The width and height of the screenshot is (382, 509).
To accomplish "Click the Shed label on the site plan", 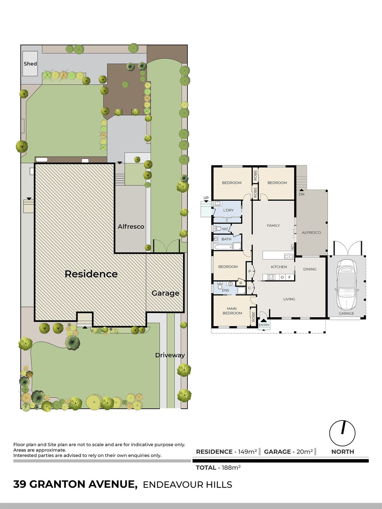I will pos(30,64).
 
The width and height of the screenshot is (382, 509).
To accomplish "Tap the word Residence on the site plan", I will pos(91,274).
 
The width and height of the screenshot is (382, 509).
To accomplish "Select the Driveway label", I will pos(170,355).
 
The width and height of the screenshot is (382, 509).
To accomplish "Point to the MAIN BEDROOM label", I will pos(232,311).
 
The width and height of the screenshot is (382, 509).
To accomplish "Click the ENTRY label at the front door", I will pos(264,325).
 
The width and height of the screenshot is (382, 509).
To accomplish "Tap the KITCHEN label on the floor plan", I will pos(279,267).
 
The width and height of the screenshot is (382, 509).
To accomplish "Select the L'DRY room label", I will pos(228,210).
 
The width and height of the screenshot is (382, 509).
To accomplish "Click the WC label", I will pos(225,229).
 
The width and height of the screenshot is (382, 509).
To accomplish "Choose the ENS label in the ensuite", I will pos(225,290).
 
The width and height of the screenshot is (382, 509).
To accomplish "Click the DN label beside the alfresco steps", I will pos(301,194).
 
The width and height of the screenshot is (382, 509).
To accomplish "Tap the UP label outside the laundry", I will pos(206,198).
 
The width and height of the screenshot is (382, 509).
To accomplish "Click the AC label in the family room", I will pos(292,247).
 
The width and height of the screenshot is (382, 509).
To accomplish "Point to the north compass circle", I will pos(342,433).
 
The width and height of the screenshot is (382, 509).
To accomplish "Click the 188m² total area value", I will pos(229,468).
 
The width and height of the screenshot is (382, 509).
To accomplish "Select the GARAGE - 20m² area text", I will pos(288,452).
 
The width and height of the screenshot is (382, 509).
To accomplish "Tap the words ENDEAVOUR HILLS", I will pos(187,485).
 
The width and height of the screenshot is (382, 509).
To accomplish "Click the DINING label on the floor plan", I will pos(310,269).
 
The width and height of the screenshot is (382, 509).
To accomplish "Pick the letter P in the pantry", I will pos(250,271).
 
